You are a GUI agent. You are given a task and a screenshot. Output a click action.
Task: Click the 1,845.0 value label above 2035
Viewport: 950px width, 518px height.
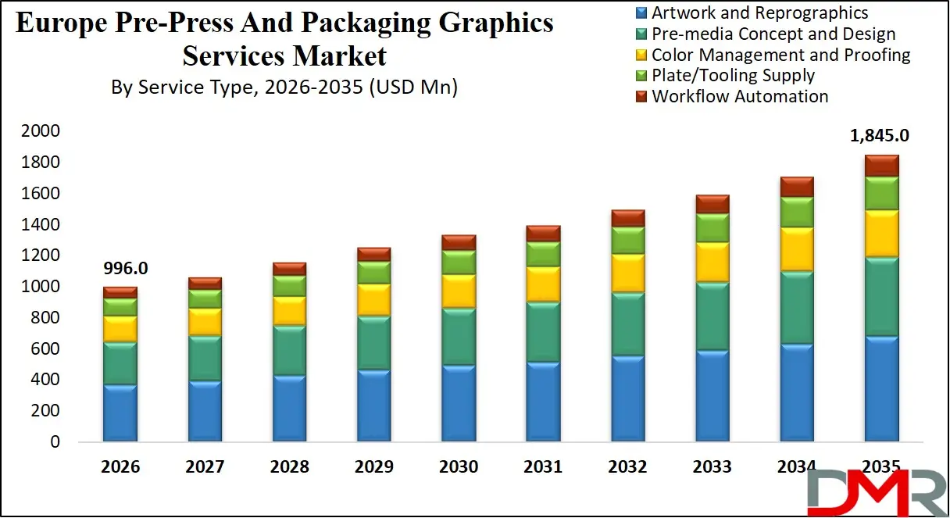tap(880, 135)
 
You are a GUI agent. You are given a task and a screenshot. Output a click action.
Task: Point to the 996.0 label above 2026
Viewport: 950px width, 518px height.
tap(125, 269)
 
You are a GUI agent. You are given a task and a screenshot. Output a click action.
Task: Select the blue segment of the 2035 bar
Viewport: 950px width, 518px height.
tap(881, 388)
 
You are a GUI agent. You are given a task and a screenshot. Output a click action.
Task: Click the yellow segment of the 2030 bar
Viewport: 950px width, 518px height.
tap(459, 291)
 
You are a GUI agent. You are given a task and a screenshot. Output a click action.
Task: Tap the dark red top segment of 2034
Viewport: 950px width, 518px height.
tap(797, 187)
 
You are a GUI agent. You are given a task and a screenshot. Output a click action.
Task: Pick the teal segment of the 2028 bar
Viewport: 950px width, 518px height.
tap(289, 350)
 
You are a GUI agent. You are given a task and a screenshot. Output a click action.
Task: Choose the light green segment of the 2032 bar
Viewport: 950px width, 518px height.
tap(627, 241)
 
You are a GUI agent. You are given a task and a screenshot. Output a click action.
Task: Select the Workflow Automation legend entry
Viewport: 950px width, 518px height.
tap(740, 97)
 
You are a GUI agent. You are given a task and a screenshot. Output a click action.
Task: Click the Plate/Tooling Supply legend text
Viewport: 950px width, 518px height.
tap(733, 76)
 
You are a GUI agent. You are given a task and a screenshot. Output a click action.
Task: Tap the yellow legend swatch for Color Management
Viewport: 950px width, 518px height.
tap(641, 55)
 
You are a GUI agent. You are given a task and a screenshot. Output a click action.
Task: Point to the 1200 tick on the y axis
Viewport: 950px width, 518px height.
tap(40, 255)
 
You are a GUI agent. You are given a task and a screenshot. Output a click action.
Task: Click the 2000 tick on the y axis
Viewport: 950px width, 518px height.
tap(40, 131)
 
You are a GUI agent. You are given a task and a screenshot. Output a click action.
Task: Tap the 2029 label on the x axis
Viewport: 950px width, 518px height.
tap(373, 467)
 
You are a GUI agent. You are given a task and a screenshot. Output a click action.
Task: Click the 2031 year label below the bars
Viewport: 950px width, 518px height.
tap(543, 467)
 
